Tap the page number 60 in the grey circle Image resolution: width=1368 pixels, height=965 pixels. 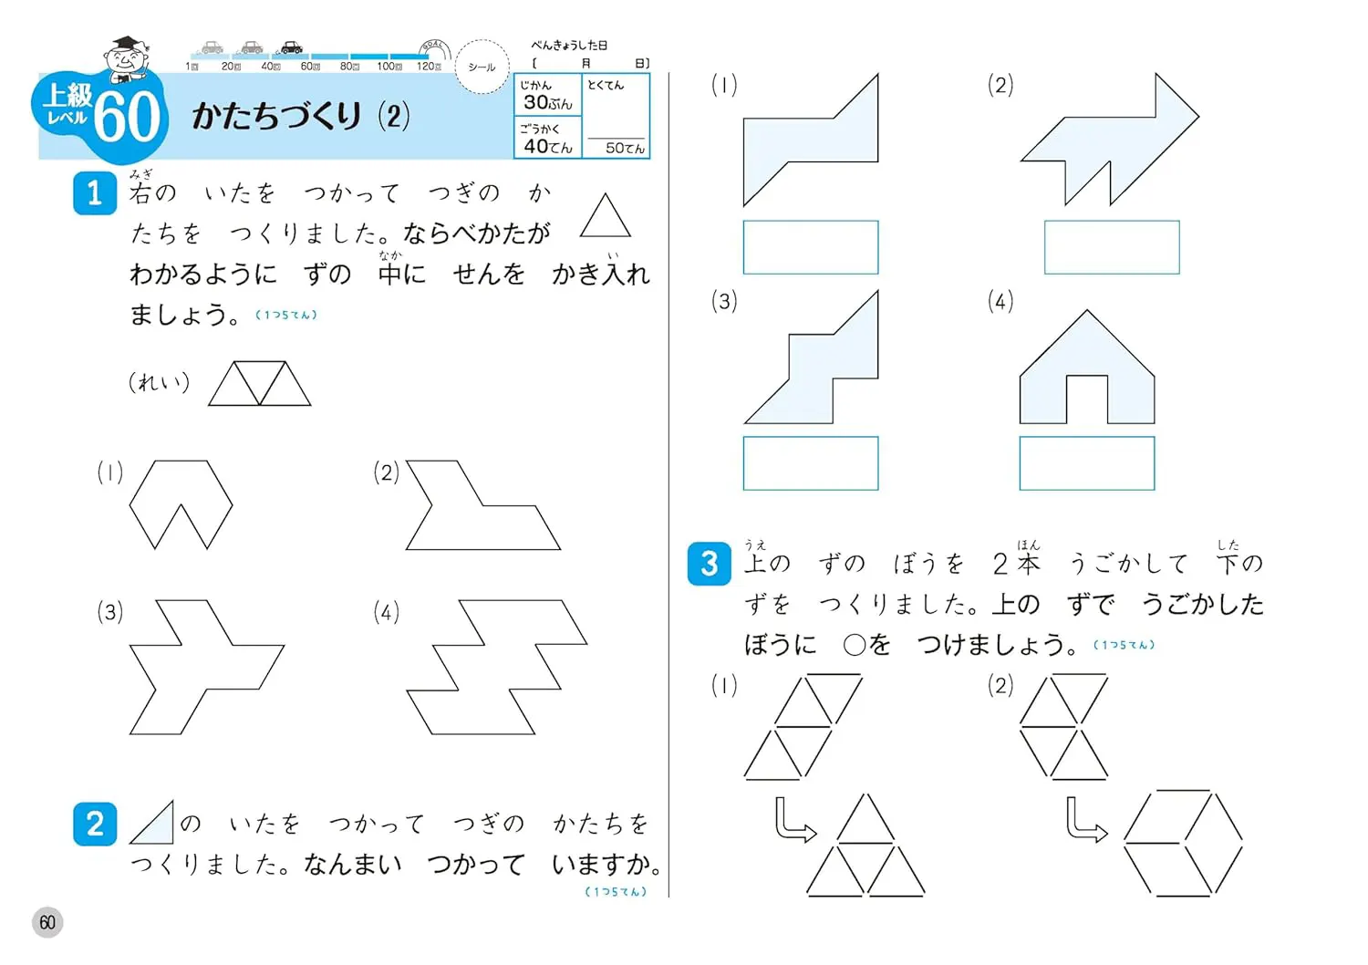coord(47,921)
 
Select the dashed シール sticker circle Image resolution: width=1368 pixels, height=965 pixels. coord(482,67)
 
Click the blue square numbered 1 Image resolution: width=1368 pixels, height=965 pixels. coord(95,193)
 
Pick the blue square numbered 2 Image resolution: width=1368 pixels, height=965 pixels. coord(95,824)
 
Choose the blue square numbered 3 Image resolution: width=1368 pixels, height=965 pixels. coord(709,564)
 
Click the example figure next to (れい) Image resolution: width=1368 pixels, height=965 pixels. coord(260,384)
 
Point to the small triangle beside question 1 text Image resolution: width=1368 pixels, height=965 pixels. coord(605,215)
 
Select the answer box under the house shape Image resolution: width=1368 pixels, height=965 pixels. coord(1087,463)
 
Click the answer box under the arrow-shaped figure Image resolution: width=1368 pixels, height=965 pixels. coord(1112,247)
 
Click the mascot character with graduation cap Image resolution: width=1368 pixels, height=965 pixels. coord(127,59)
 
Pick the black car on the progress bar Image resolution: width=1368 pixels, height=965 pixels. coord(291,47)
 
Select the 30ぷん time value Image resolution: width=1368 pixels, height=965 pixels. coord(548,102)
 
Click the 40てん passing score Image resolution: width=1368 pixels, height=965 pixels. coord(548,147)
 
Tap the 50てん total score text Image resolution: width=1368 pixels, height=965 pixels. coord(625,149)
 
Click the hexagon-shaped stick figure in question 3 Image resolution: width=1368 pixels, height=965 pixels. coord(1184,843)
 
